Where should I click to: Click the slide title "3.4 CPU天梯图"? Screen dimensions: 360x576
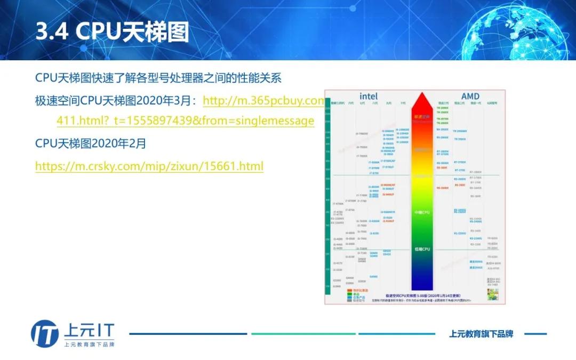pos(112,32)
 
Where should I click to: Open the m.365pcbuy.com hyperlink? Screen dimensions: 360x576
pos(263,101)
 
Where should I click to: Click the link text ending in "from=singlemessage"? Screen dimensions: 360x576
pos(185,121)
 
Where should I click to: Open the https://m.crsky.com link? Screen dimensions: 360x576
pos(149,166)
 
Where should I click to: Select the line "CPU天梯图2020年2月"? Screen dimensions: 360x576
pos(90,143)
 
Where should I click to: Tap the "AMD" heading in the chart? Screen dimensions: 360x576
pos(470,96)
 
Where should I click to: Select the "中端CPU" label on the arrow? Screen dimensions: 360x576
pos(422,212)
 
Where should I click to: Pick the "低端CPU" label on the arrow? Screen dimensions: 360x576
pos(422,249)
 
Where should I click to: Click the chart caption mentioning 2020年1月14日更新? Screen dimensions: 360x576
pos(422,295)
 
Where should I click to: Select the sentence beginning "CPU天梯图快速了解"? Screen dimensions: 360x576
pos(158,78)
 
